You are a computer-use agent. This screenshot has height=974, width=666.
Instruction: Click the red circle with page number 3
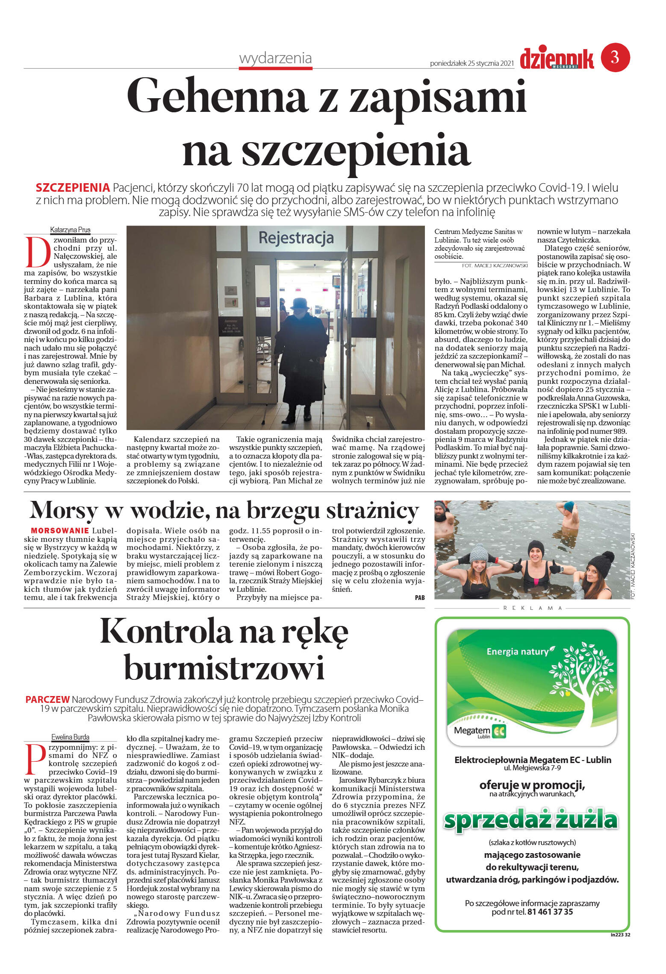(615, 57)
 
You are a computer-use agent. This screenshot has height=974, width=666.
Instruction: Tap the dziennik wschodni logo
(557, 58)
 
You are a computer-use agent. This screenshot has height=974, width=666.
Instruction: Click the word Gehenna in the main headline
(218, 97)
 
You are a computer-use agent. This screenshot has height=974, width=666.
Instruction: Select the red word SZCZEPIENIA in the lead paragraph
(73, 188)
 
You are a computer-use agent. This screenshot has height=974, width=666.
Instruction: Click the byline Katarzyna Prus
(70, 230)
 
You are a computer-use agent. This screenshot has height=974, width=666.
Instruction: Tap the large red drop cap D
(37, 252)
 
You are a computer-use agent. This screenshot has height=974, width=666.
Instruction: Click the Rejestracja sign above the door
(296, 237)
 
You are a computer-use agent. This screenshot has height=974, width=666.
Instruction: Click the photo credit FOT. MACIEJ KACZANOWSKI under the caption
(495, 266)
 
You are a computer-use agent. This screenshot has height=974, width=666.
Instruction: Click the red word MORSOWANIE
(60, 531)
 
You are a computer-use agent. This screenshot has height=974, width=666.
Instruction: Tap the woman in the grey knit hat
(479, 570)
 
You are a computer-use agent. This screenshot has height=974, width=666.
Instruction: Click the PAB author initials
(419, 598)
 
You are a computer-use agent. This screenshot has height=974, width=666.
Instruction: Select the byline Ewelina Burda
(70, 737)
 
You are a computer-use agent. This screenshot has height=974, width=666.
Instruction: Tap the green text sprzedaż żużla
(531, 820)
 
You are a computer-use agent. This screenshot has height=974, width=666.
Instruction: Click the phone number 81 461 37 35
(550, 912)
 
